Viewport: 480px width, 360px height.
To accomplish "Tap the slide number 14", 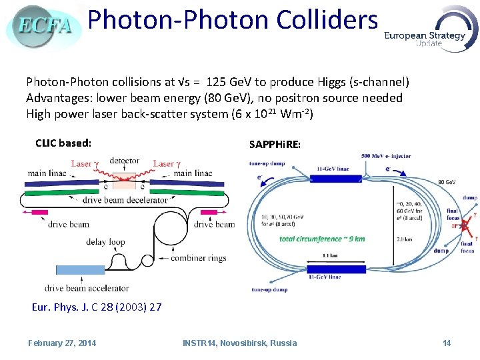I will [447, 343].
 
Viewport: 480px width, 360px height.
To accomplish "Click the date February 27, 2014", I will [62, 343].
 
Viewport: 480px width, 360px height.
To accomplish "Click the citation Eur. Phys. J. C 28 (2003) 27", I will [97, 307].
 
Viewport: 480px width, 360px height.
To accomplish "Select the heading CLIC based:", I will [63, 143].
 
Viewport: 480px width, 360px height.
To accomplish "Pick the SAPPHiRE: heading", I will [275, 145].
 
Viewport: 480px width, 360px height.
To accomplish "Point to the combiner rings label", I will [199, 258].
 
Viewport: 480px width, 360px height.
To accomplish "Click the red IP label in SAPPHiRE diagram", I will [456, 226].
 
